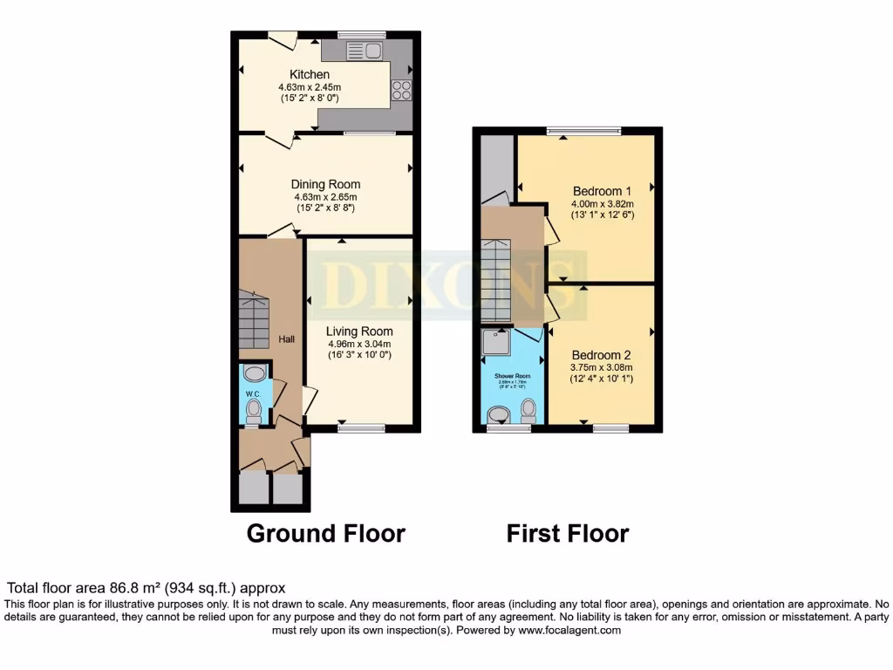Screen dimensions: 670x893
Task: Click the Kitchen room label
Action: (x=310, y=75)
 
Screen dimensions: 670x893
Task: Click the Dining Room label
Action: (x=325, y=184)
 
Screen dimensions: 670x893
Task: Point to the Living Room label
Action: (x=359, y=332)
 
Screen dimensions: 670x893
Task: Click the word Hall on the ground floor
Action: (x=287, y=338)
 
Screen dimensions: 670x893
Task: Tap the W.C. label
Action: (x=253, y=394)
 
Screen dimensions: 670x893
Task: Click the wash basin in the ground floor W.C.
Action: (x=254, y=374)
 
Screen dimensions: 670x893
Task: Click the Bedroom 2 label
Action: (x=601, y=355)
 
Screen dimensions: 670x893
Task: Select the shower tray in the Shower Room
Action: (x=497, y=345)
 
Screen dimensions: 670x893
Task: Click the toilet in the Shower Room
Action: (x=528, y=410)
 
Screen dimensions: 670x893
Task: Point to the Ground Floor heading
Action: (x=325, y=533)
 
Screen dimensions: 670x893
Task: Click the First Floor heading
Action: (x=567, y=533)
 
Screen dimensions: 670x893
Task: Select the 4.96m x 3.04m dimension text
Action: (x=359, y=344)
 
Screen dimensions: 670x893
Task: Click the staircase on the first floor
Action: (x=495, y=279)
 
